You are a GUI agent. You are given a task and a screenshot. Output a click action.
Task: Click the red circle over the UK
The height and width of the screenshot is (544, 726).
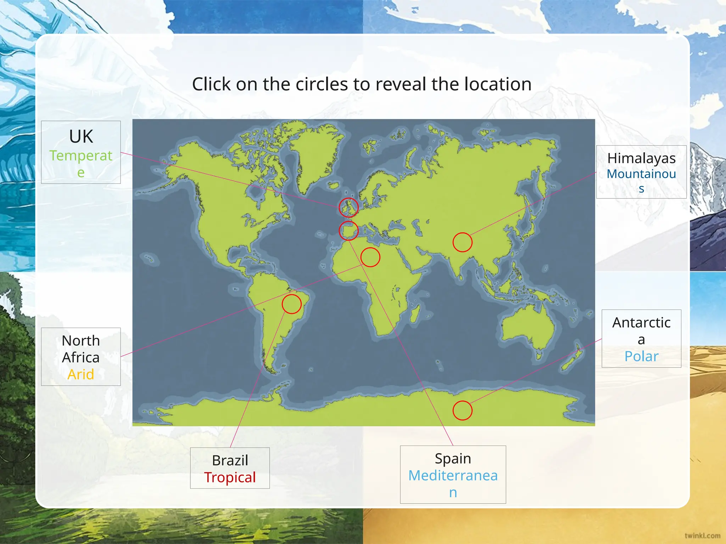point(348,208)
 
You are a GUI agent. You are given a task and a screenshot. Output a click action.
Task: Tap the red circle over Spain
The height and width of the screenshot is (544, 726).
point(348,231)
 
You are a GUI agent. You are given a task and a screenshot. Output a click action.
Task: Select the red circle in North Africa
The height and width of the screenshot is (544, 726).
point(370,257)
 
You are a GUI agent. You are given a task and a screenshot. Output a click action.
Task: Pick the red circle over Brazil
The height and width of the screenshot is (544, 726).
point(291,304)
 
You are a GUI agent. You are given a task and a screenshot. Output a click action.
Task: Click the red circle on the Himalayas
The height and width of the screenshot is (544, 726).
point(462,242)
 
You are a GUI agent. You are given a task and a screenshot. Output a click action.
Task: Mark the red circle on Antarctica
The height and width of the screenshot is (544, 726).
point(462,410)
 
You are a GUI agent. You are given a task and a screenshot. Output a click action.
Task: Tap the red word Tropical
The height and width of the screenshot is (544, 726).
point(230,477)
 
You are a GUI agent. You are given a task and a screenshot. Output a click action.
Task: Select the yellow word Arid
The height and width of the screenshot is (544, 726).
point(81,374)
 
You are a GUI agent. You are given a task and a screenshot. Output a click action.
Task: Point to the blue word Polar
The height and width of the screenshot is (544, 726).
point(641,356)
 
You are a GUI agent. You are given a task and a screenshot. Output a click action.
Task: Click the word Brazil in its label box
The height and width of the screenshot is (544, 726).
point(230,460)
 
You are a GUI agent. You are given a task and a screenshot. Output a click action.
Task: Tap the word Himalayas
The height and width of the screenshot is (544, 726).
point(641,158)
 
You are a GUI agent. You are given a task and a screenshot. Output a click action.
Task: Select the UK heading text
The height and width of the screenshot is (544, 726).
point(81,137)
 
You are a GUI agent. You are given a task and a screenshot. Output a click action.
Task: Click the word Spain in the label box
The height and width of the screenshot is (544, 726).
point(453,459)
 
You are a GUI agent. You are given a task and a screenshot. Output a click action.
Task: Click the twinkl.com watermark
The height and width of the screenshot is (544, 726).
point(702,536)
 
